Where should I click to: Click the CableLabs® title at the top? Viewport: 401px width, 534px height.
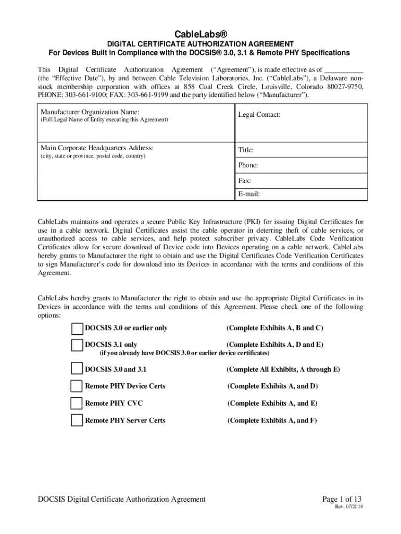pyautogui.click(x=200, y=34)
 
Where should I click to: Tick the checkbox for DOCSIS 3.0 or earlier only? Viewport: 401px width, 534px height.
pyautogui.click(x=77, y=329)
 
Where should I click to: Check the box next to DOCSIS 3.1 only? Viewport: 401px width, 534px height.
pyautogui.click(x=77, y=345)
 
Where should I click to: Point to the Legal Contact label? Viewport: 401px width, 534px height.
pyautogui.click(x=259, y=114)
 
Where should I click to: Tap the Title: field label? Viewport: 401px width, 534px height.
pyautogui.click(x=246, y=150)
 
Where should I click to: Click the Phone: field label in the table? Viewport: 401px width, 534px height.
pyautogui.click(x=248, y=165)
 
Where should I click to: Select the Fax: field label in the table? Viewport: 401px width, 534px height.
pyautogui.click(x=245, y=181)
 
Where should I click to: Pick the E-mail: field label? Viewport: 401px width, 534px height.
pyautogui.click(x=249, y=195)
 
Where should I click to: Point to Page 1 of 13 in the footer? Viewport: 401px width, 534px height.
pyautogui.click(x=343, y=500)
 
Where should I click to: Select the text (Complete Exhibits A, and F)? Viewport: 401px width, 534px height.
pyautogui.click(x=272, y=420)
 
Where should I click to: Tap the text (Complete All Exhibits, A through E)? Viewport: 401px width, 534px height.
pyautogui.click(x=283, y=370)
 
